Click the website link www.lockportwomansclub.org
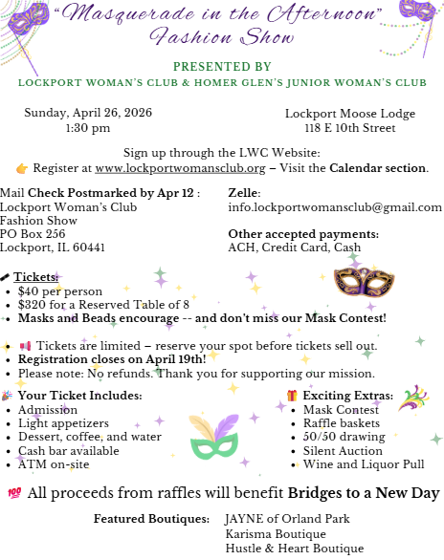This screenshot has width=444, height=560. click(180, 168)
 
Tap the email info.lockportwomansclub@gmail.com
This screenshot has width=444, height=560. click(335, 206)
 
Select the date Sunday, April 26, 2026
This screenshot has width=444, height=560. click(87, 114)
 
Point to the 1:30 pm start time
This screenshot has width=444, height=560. click(87, 127)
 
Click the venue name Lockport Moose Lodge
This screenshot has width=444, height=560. click(349, 114)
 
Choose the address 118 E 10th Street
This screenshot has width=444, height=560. click(349, 127)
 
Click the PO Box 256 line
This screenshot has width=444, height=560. click(33, 233)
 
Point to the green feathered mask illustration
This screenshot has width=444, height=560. click(214, 438)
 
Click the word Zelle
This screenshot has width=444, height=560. click(244, 193)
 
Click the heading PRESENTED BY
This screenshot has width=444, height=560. click(222, 66)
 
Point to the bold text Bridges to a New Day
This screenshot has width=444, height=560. click(364, 493)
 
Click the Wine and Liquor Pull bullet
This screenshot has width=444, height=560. click(349, 463)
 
